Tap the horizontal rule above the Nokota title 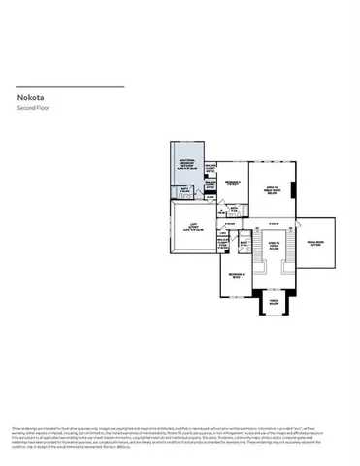[70, 86]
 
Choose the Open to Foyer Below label [272, 246]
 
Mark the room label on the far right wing [313, 243]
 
